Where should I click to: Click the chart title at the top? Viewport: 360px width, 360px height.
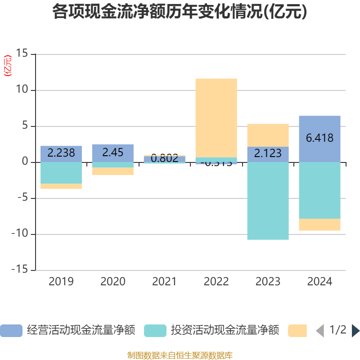180,12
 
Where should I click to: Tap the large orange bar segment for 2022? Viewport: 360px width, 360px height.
216,117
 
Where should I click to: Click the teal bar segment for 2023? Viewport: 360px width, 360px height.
268,201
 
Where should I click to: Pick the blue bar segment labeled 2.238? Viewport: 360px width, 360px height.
61,153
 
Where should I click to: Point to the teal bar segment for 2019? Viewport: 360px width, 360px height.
61,173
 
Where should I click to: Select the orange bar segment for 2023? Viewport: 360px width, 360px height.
268,135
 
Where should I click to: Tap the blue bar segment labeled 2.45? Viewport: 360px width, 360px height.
112,153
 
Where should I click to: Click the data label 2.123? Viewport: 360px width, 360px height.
268,153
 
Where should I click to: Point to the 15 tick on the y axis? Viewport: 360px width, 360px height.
22,54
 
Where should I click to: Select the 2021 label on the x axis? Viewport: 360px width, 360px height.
164,282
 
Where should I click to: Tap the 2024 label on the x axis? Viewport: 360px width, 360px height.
320,282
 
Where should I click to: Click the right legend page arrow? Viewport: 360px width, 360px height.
355,331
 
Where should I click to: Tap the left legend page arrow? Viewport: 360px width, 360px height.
320,331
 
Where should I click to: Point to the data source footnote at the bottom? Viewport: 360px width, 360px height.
180,355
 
